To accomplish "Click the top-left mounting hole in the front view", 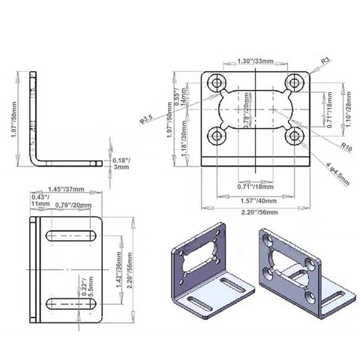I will [x=218, y=82].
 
